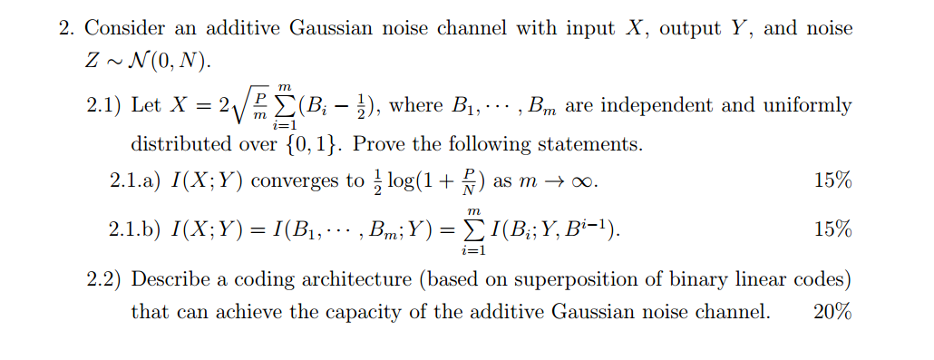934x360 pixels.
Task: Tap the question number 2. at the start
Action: click(x=67, y=28)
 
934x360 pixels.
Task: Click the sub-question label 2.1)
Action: click(x=105, y=105)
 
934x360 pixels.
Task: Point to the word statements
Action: click(x=594, y=144)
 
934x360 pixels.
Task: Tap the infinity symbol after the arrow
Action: click(x=584, y=180)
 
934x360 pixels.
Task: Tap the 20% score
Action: click(x=832, y=313)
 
